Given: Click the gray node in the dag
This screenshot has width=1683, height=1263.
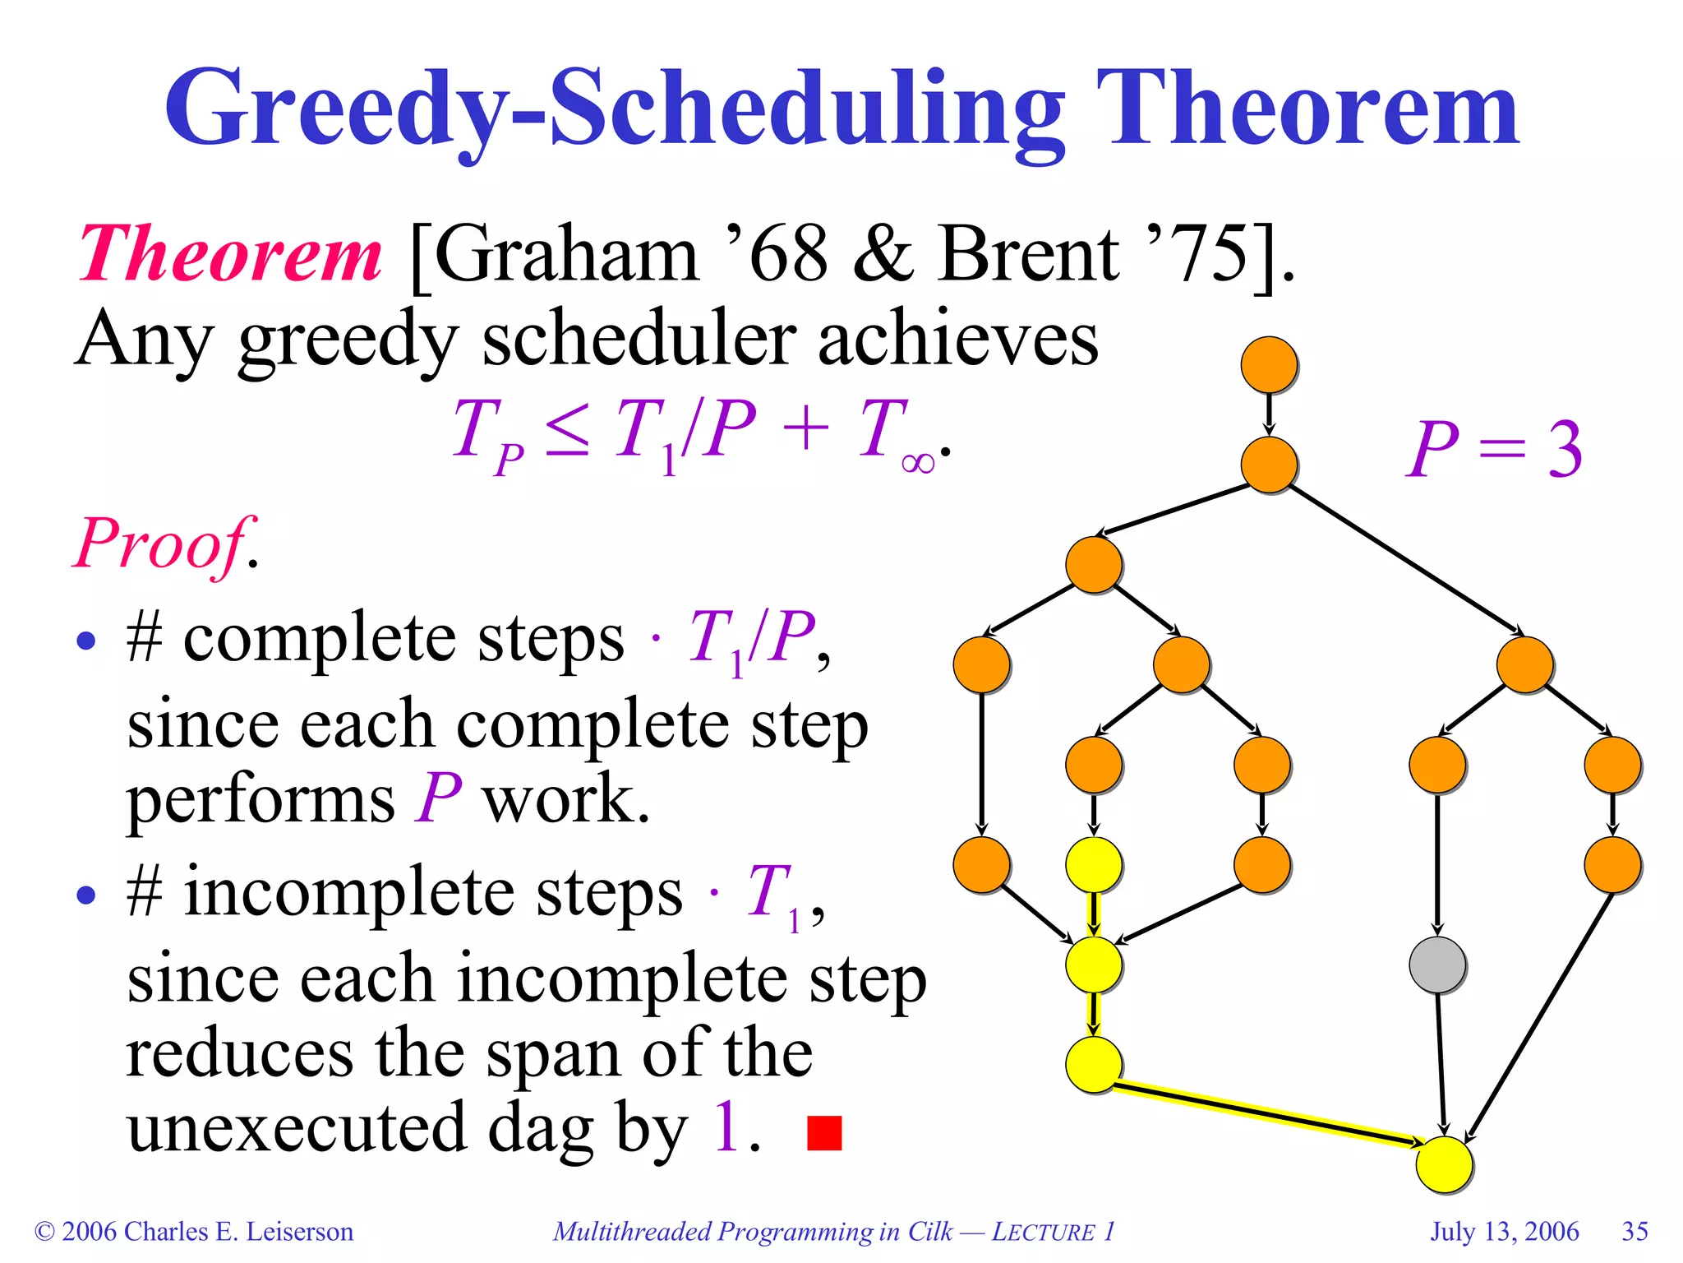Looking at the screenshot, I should (x=1436, y=965).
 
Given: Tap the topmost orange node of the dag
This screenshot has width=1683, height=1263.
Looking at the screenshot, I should (x=1269, y=364).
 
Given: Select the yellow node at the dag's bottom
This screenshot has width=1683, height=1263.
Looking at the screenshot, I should (x=1445, y=1164).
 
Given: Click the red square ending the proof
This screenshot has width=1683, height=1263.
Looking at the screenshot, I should (x=824, y=1132).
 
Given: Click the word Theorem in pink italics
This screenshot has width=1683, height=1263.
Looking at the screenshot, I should (x=230, y=255).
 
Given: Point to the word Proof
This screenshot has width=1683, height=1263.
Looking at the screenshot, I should (x=161, y=544).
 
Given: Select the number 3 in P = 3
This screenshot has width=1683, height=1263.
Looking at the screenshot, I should (x=1565, y=450).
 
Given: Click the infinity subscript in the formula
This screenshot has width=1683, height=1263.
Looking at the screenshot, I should (x=917, y=463).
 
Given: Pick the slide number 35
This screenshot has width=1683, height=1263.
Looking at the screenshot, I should (x=1635, y=1231).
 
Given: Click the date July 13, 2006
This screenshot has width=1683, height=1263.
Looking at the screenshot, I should (x=1504, y=1231).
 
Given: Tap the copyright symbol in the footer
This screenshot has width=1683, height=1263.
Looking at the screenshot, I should (x=44, y=1232).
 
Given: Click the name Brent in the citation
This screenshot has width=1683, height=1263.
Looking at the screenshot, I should (x=1027, y=255).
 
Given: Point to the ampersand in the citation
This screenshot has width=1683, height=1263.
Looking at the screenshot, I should (x=883, y=255).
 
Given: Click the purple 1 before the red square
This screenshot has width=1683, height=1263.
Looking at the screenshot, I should (x=726, y=1127).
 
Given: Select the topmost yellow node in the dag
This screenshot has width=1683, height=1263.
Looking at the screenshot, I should (x=1094, y=864).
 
